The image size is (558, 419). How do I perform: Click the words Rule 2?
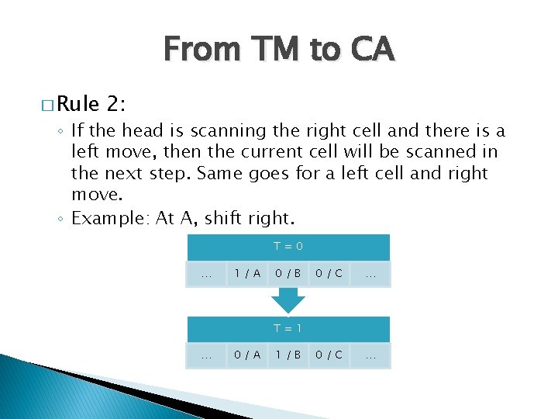(x=92, y=104)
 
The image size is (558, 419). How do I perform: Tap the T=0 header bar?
(x=287, y=248)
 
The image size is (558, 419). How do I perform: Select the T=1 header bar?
(x=287, y=328)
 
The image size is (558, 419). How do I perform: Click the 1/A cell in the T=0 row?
(x=247, y=274)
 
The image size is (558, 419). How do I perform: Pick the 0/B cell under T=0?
(x=288, y=274)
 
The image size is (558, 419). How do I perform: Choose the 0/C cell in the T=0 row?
(x=329, y=274)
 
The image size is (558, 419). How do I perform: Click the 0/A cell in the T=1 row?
(x=247, y=355)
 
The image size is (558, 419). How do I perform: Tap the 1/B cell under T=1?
(x=288, y=355)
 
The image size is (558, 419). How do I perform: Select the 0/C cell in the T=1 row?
(x=329, y=355)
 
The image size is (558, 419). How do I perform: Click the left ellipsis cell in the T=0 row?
(x=206, y=274)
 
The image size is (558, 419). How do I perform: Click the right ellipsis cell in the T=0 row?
(x=370, y=274)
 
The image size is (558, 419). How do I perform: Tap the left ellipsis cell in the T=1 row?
(x=206, y=355)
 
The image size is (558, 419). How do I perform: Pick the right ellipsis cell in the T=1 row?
(x=370, y=355)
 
